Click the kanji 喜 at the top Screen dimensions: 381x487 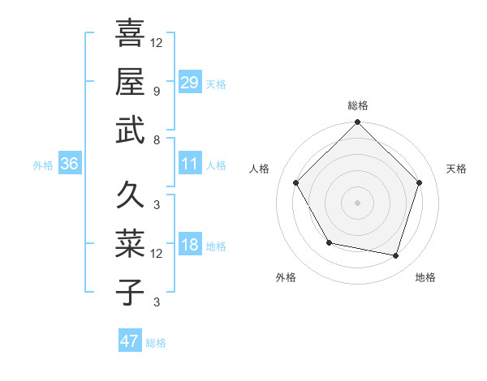click(130, 33)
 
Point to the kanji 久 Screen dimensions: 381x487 click(130, 195)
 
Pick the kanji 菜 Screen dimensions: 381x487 click(130, 242)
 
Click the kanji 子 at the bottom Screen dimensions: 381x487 click(130, 291)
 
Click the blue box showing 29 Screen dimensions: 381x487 click(190, 82)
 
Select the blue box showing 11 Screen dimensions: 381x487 click(190, 164)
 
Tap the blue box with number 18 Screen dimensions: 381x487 click(190, 246)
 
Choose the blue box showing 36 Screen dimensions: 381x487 click(70, 164)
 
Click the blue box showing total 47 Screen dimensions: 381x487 click(130, 341)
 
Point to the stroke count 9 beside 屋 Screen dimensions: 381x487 click(156, 91)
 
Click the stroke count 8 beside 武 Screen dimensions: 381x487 click(156, 139)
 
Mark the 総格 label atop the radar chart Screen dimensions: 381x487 click(358, 105)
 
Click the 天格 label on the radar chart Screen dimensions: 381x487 click(456, 169)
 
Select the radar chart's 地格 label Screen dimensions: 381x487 click(425, 277)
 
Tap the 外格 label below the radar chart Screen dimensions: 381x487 click(286, 277)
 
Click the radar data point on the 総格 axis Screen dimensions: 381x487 click(357, 123)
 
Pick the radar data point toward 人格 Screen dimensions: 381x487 click(296, 183)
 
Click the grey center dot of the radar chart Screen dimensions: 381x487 click(357, 203)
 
